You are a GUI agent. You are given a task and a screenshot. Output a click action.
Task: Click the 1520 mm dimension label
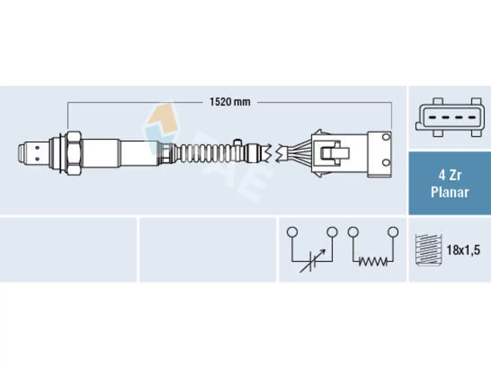230,102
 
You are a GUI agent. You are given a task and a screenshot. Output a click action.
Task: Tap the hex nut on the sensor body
74,153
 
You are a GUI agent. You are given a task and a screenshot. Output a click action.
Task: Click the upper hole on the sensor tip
37,148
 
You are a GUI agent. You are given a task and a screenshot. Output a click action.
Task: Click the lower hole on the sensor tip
37,159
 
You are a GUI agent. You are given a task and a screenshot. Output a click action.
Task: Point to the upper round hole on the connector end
386,137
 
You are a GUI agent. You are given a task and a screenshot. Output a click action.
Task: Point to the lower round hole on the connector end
386,163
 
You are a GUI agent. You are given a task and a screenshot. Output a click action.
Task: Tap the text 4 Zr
450,176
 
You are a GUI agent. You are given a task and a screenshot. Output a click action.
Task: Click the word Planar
450,192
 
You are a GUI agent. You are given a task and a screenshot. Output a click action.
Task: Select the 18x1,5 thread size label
463,250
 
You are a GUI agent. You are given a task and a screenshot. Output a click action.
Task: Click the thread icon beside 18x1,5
428,250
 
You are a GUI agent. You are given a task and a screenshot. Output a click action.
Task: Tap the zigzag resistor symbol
373,262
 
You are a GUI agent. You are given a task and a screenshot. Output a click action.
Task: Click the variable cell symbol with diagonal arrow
312,261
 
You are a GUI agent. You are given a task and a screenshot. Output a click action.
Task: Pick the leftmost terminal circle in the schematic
292,232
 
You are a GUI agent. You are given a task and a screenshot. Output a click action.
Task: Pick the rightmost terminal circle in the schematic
393,232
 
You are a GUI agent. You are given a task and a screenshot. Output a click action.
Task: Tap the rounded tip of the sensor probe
21,153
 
